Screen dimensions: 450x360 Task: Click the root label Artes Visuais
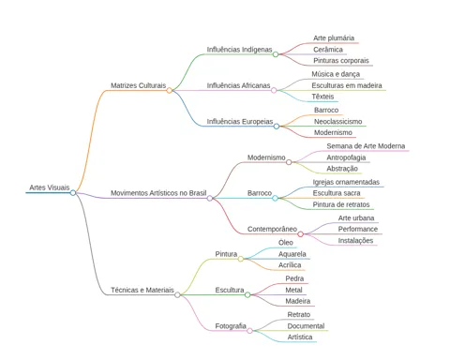click(x=50, y=187)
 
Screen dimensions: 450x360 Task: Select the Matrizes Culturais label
click(x=138, y=85)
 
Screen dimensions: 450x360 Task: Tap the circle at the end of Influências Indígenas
click(x=276, y=54)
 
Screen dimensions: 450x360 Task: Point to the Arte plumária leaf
click(x=334, y=38)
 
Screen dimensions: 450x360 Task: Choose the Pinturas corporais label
click(x=341, y=61)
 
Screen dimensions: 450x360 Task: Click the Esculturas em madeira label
click(x=347, y=85)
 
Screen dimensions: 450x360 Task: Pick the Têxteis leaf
click(x=322, y=97)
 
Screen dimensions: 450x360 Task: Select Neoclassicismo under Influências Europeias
click(x=337, y=121)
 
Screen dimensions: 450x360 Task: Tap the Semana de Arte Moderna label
click(x=366, y=146)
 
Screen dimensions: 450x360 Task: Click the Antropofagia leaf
click(x=346, y=157)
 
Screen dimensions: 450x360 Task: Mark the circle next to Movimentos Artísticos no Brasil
click(x=210, y=198)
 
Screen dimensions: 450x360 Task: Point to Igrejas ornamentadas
click(x=346, y=182)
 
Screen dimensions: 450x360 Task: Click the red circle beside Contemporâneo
click(x=300, y=234)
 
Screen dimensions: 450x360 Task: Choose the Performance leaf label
click(x=358, y=229)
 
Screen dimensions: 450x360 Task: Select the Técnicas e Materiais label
click(x=142, y=290)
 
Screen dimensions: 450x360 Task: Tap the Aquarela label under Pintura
click(x=292, y=254)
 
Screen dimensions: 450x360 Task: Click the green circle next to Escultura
click(x=247, y=294)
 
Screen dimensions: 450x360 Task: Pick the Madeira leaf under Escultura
click(x=298, y=301)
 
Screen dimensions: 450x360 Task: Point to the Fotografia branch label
click(x=231, y=326)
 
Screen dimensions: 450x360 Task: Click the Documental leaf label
click(x=306, y=326)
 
